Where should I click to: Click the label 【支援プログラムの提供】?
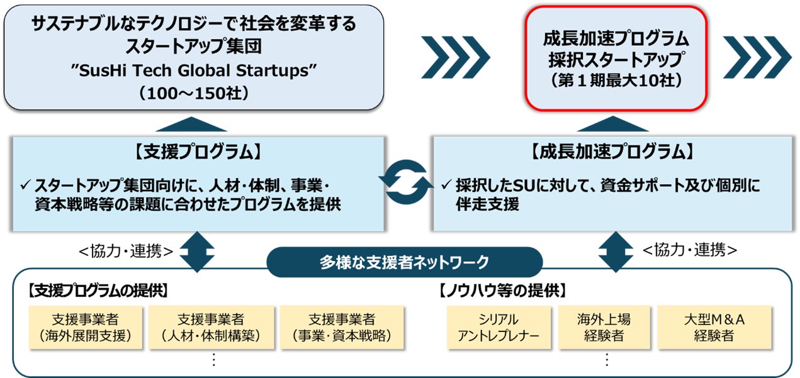click(97, 291)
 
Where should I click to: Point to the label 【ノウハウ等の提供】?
click(502, 291)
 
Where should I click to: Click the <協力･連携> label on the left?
click(125, 251)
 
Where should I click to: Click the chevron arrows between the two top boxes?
click(455, 57)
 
